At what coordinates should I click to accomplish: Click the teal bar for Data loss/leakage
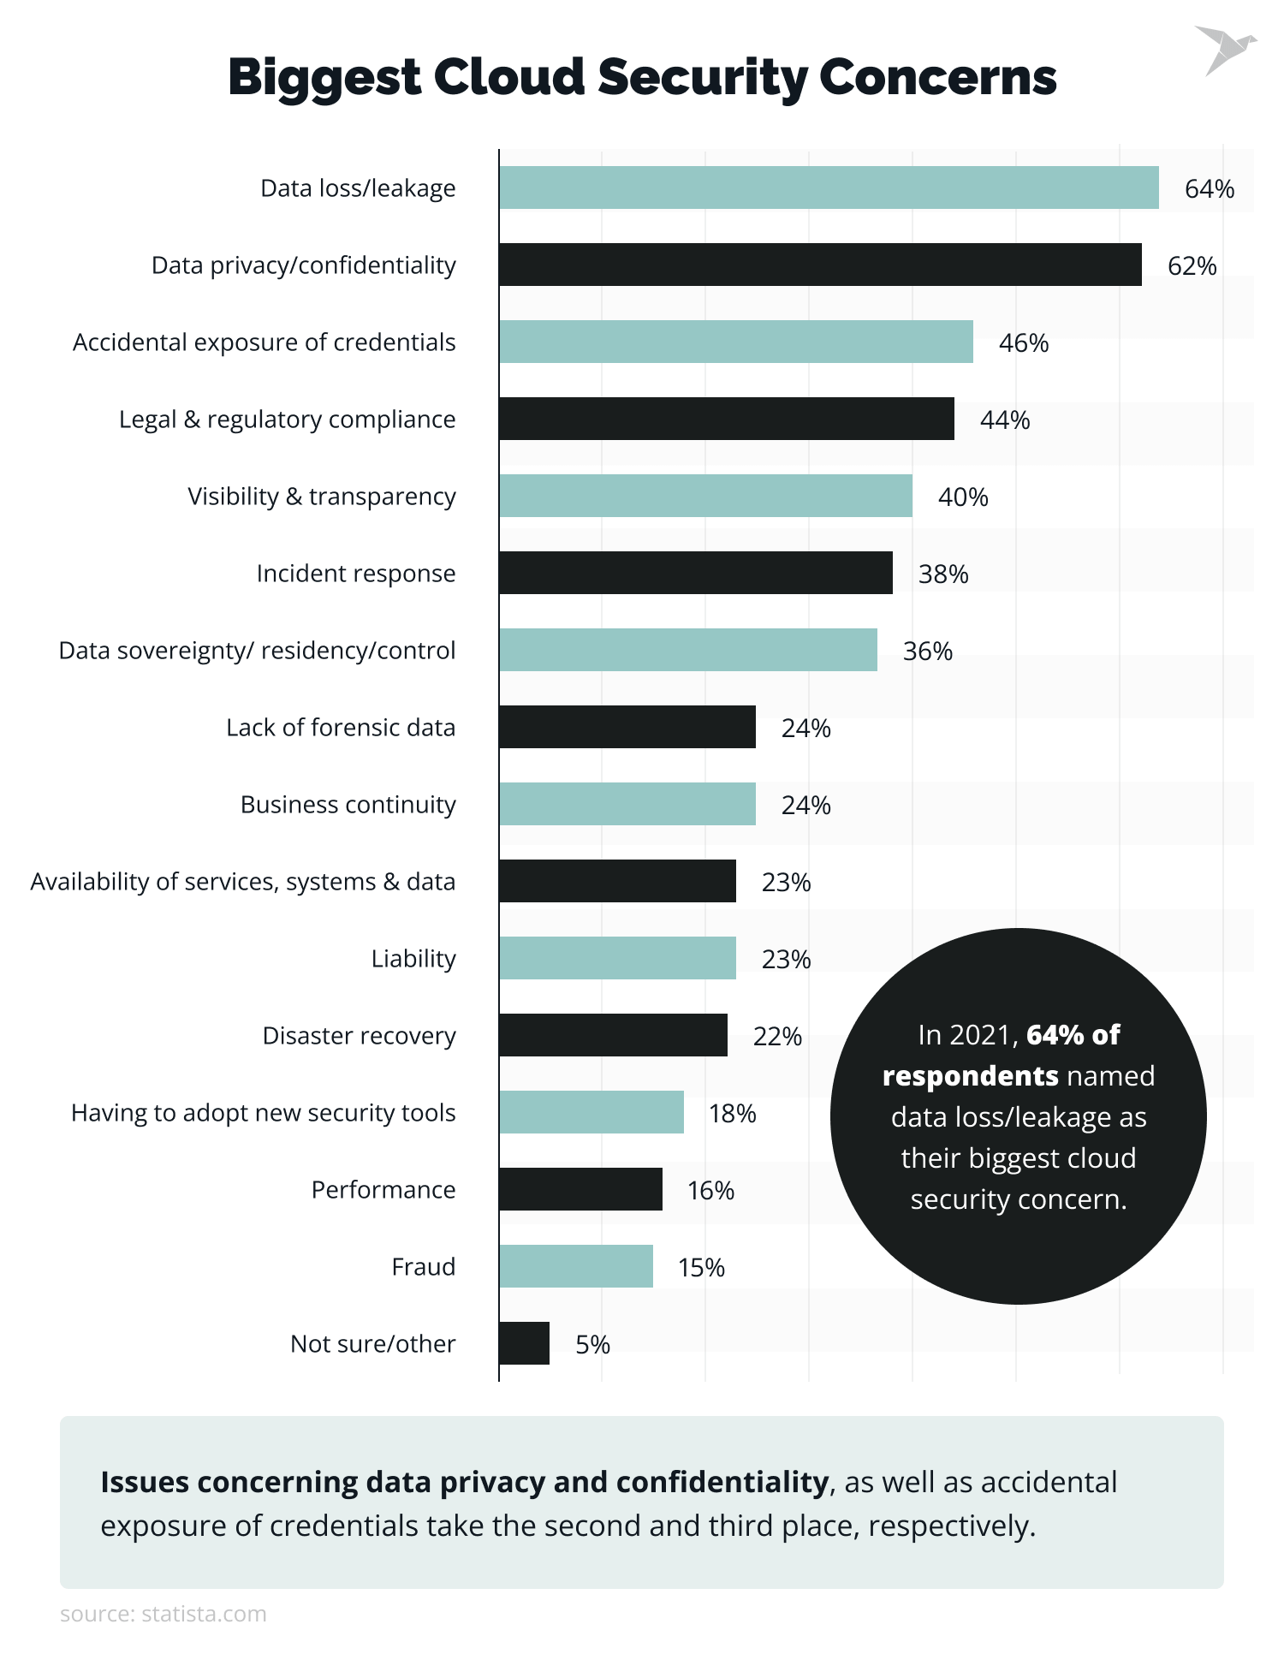coord(829,187)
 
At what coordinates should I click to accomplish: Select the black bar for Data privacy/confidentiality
coord(820,265)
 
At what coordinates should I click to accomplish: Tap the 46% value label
coord(1023,342)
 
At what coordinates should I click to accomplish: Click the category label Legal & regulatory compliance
coord(287,419)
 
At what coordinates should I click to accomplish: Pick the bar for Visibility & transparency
coord(705,496)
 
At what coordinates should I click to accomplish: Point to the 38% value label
coord(943,574)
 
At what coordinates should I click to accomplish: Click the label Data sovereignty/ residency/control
coord(257,651)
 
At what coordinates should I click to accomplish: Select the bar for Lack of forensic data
coord(627,727)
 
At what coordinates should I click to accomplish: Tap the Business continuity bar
coord(627,804)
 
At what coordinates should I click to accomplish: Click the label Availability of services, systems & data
coord(242,882)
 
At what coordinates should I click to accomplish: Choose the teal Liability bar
coord(617,958)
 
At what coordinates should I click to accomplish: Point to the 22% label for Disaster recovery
coord(777,1036)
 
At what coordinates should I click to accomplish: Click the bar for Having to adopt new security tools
coord(591,1112)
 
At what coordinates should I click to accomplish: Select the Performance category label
coord(383,1190)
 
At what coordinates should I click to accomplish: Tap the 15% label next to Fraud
coord(701,1267)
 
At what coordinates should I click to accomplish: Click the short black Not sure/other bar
coord(524,1343)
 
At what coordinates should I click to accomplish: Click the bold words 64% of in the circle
coord(1073,1034)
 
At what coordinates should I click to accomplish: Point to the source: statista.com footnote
coord(163,1614)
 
